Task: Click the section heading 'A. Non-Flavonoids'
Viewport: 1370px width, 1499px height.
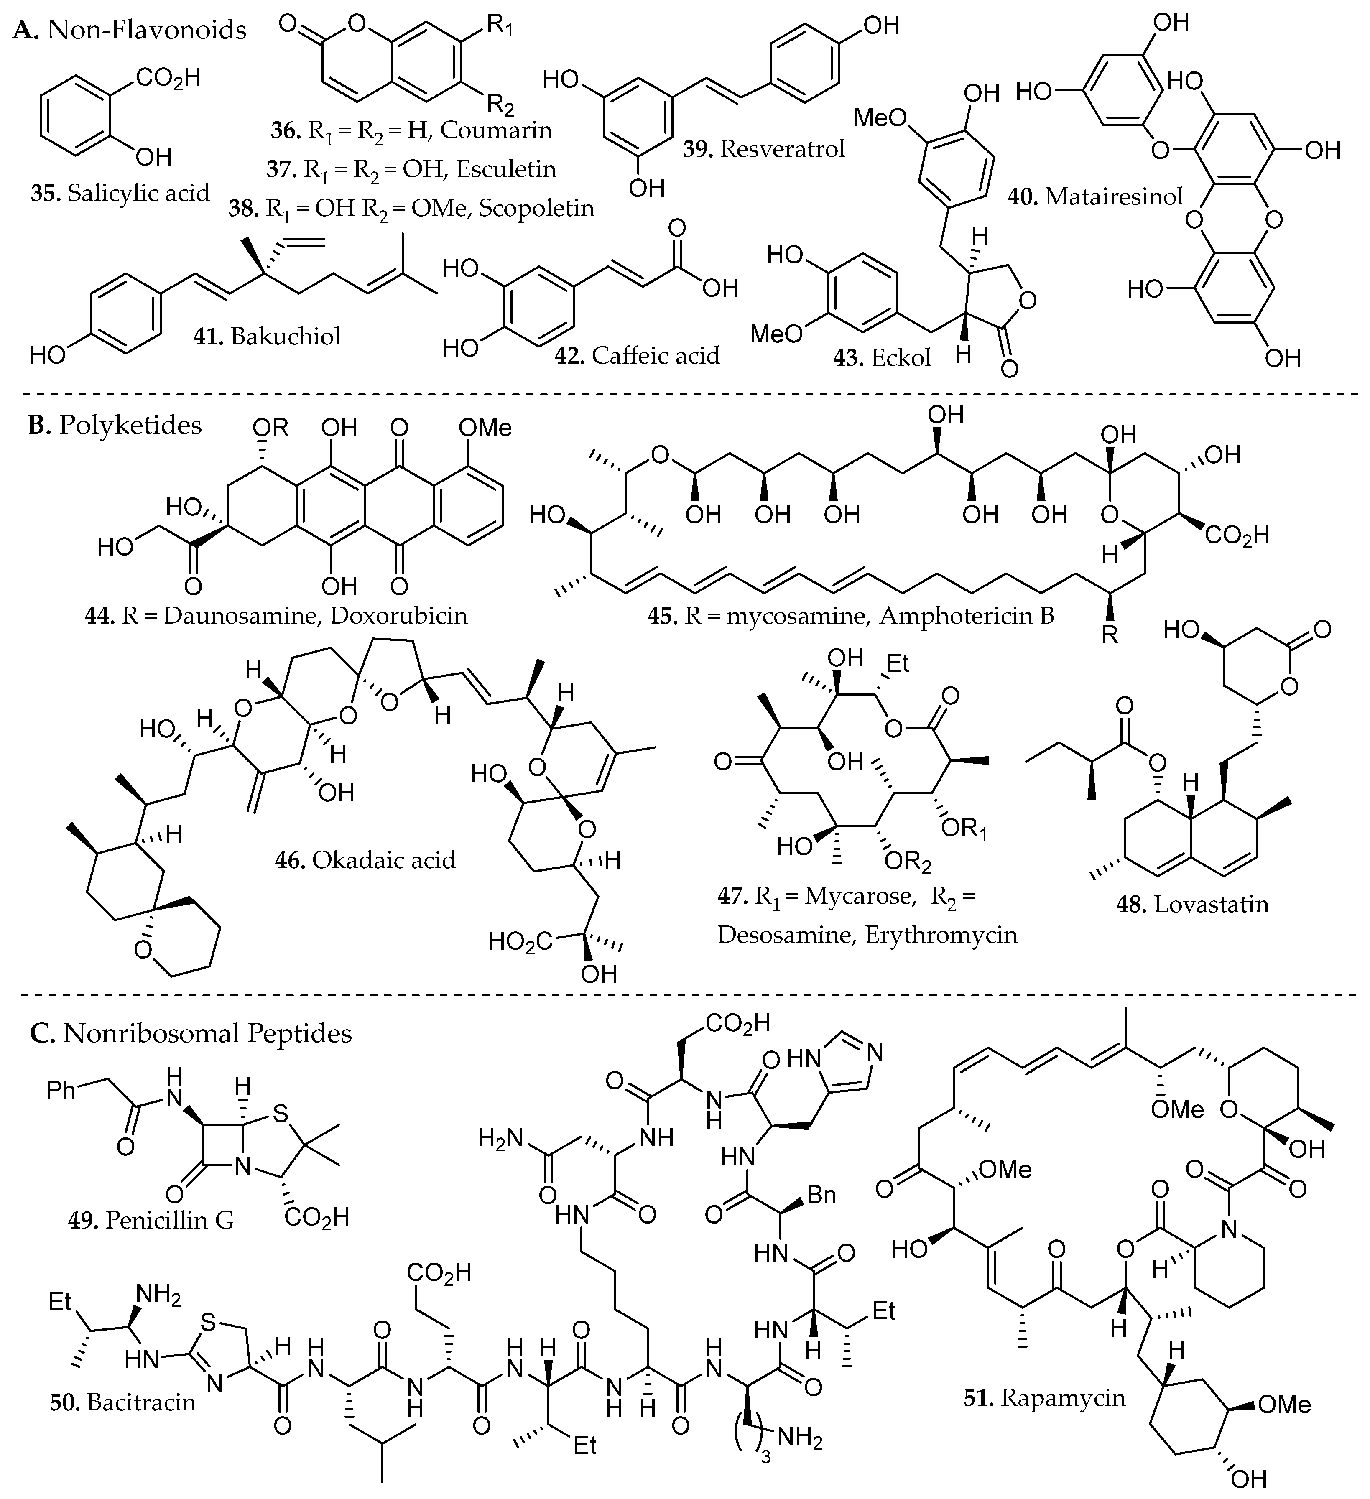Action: coord(130,30)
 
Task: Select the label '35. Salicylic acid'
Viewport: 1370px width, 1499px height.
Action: coord(120,193)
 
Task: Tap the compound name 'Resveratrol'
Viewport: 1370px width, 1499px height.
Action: coord(783,149)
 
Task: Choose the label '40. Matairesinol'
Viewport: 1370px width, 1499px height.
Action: coord(1096,196)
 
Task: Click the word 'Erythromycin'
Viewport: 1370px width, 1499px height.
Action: coord(941,934)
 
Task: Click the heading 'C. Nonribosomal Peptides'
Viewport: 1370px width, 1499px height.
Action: coord(191,1033)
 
